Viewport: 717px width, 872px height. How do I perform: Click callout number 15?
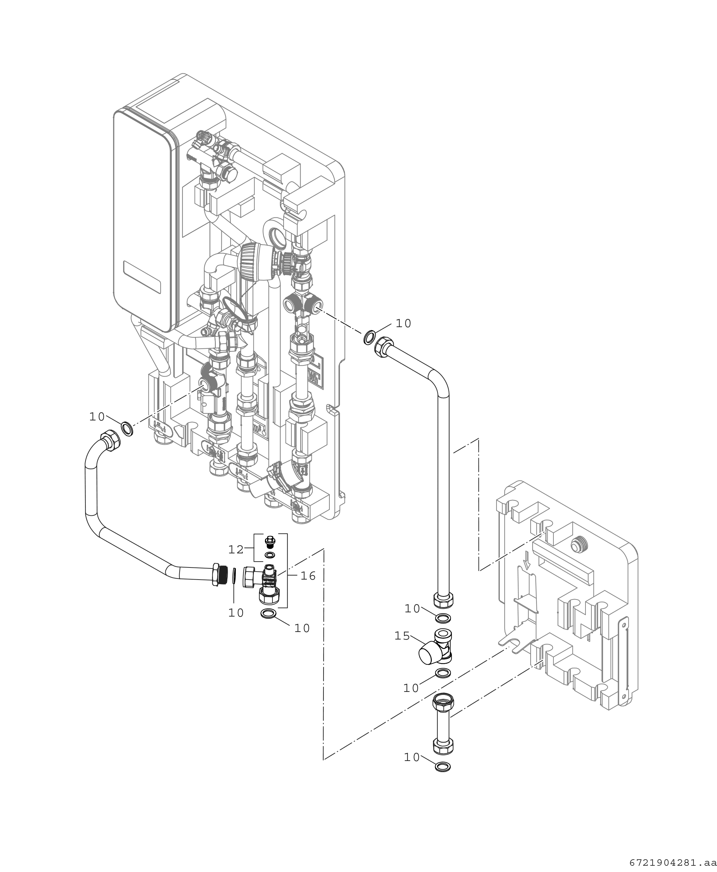pos(402,636)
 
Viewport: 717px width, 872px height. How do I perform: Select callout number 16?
pos(308,576)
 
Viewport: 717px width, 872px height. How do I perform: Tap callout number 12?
pos(236,549)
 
